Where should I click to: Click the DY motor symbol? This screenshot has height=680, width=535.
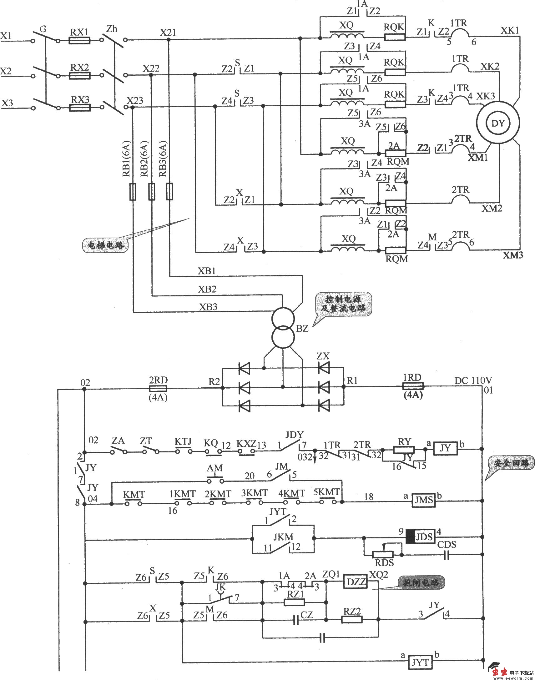click(x=498, y=123)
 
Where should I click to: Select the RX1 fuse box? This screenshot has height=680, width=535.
click(x=79, y=40)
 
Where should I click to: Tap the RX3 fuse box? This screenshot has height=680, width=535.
click(x=79, y=108)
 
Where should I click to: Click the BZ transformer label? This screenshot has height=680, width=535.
click(x=302, y=329)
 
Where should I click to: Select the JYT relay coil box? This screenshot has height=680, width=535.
click(x=420, y=663)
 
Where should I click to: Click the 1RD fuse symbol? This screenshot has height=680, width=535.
click(x=412, y=386)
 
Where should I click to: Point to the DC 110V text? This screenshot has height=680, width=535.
click(x=473, y=380)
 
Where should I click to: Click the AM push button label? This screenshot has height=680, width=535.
click(x=215, y=468)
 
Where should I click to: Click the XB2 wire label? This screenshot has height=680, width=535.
click(x=207, y=289)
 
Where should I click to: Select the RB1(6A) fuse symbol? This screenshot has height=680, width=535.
click(x=133, y=192)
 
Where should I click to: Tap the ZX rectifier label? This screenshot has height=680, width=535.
click(x=323, y=356)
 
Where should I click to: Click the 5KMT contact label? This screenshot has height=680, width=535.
click(x=326, y=492)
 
